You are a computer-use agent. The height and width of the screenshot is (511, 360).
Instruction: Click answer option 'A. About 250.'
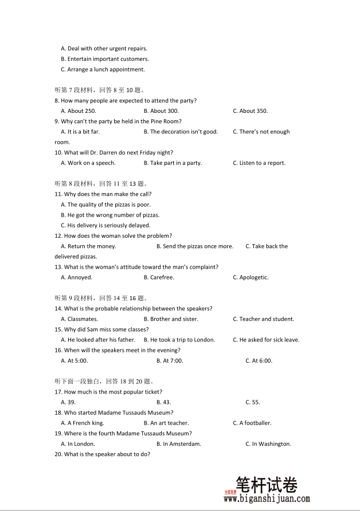point(79,111)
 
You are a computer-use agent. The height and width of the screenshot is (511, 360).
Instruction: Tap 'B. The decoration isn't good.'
point(181,132)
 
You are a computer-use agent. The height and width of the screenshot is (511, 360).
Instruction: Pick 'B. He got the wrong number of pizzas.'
point(110,215)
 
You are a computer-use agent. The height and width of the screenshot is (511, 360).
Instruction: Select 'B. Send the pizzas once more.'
point(195,246)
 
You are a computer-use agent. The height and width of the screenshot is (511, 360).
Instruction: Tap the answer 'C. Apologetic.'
point(251,278)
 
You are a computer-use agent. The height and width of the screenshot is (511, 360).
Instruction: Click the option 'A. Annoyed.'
point(76,278)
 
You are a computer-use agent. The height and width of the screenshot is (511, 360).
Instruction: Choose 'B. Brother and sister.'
point(171,319)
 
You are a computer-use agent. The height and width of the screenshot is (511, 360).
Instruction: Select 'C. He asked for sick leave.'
point(266,340)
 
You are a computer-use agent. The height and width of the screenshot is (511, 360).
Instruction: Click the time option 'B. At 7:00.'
point(170,361)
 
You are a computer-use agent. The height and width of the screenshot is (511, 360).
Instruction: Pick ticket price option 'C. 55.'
point(252,402)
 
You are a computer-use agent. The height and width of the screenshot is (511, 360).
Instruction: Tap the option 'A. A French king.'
point(83,423)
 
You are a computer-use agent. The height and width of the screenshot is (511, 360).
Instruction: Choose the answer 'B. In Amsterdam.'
point(179,444)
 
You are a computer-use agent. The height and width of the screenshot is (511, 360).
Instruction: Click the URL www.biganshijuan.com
point(267,500)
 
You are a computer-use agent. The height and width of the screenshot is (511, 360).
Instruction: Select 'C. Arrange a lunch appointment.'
point(103,70)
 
